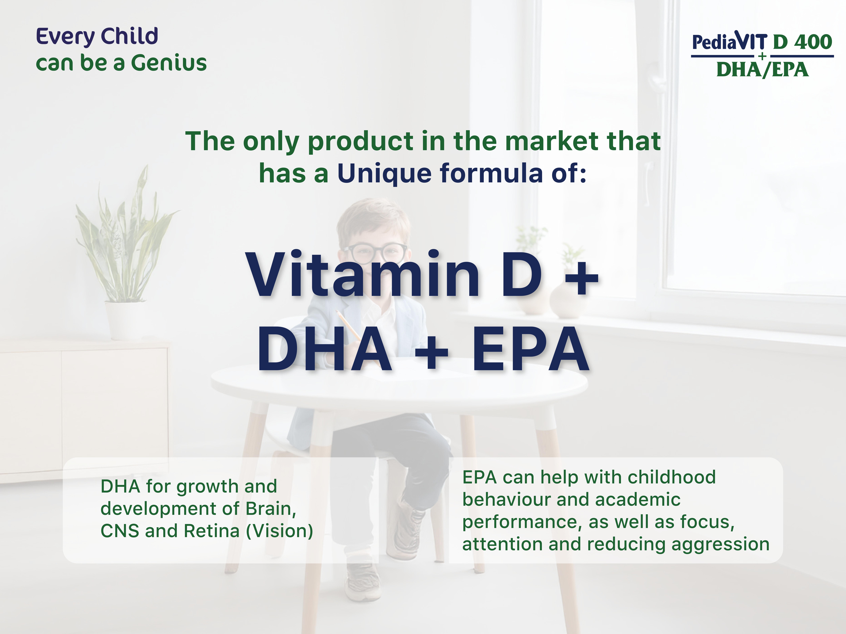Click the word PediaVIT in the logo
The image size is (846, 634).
[730, 42]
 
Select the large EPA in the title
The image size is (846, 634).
[531, 350]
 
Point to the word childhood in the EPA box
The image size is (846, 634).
[672, 477]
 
